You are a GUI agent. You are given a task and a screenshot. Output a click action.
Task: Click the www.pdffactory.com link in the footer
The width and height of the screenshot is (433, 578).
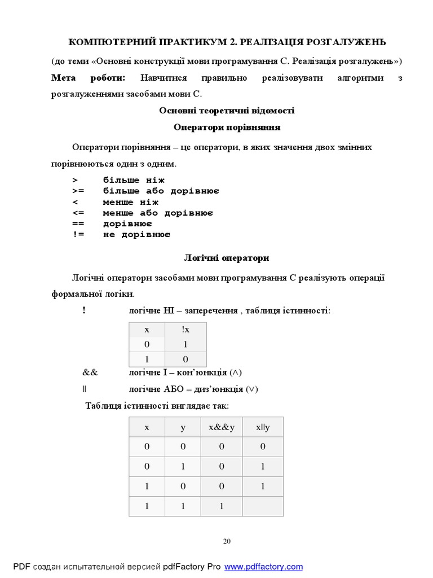tap(263, 566)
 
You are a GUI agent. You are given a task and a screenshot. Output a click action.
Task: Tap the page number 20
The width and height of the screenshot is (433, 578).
tap(227, 541)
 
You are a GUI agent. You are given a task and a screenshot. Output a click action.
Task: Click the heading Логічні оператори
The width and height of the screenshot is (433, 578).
tap(227, 258)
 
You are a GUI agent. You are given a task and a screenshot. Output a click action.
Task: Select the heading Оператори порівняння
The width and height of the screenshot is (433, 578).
tap(227, 128)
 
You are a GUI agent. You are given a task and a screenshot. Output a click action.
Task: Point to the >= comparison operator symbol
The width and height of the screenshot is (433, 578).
tap(78, 191)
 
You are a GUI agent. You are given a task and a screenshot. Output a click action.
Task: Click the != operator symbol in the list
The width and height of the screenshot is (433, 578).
tap(78, 234)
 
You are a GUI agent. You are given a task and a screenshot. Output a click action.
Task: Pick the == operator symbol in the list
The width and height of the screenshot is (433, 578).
tap(78, 224)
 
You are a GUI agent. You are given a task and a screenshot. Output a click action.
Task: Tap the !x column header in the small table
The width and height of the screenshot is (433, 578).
tap(185, 329)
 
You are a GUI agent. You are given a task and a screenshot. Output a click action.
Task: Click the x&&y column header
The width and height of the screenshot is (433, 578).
tap(222, 427)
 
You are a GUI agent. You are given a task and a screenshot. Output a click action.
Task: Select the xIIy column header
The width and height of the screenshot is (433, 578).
tap(263, 427)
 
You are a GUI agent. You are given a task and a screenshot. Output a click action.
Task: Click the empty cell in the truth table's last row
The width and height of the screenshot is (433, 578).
tap(263, 506)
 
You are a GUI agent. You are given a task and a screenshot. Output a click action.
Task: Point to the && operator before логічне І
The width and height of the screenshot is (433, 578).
tap(90, 373)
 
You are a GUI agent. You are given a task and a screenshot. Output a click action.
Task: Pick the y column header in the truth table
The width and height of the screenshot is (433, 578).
tap(183, 427)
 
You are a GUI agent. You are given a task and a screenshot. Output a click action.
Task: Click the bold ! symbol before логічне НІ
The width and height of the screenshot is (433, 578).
tap(84, 310)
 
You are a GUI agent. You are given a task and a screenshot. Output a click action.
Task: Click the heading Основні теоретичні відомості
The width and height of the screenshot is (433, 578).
tap(227, 111)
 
